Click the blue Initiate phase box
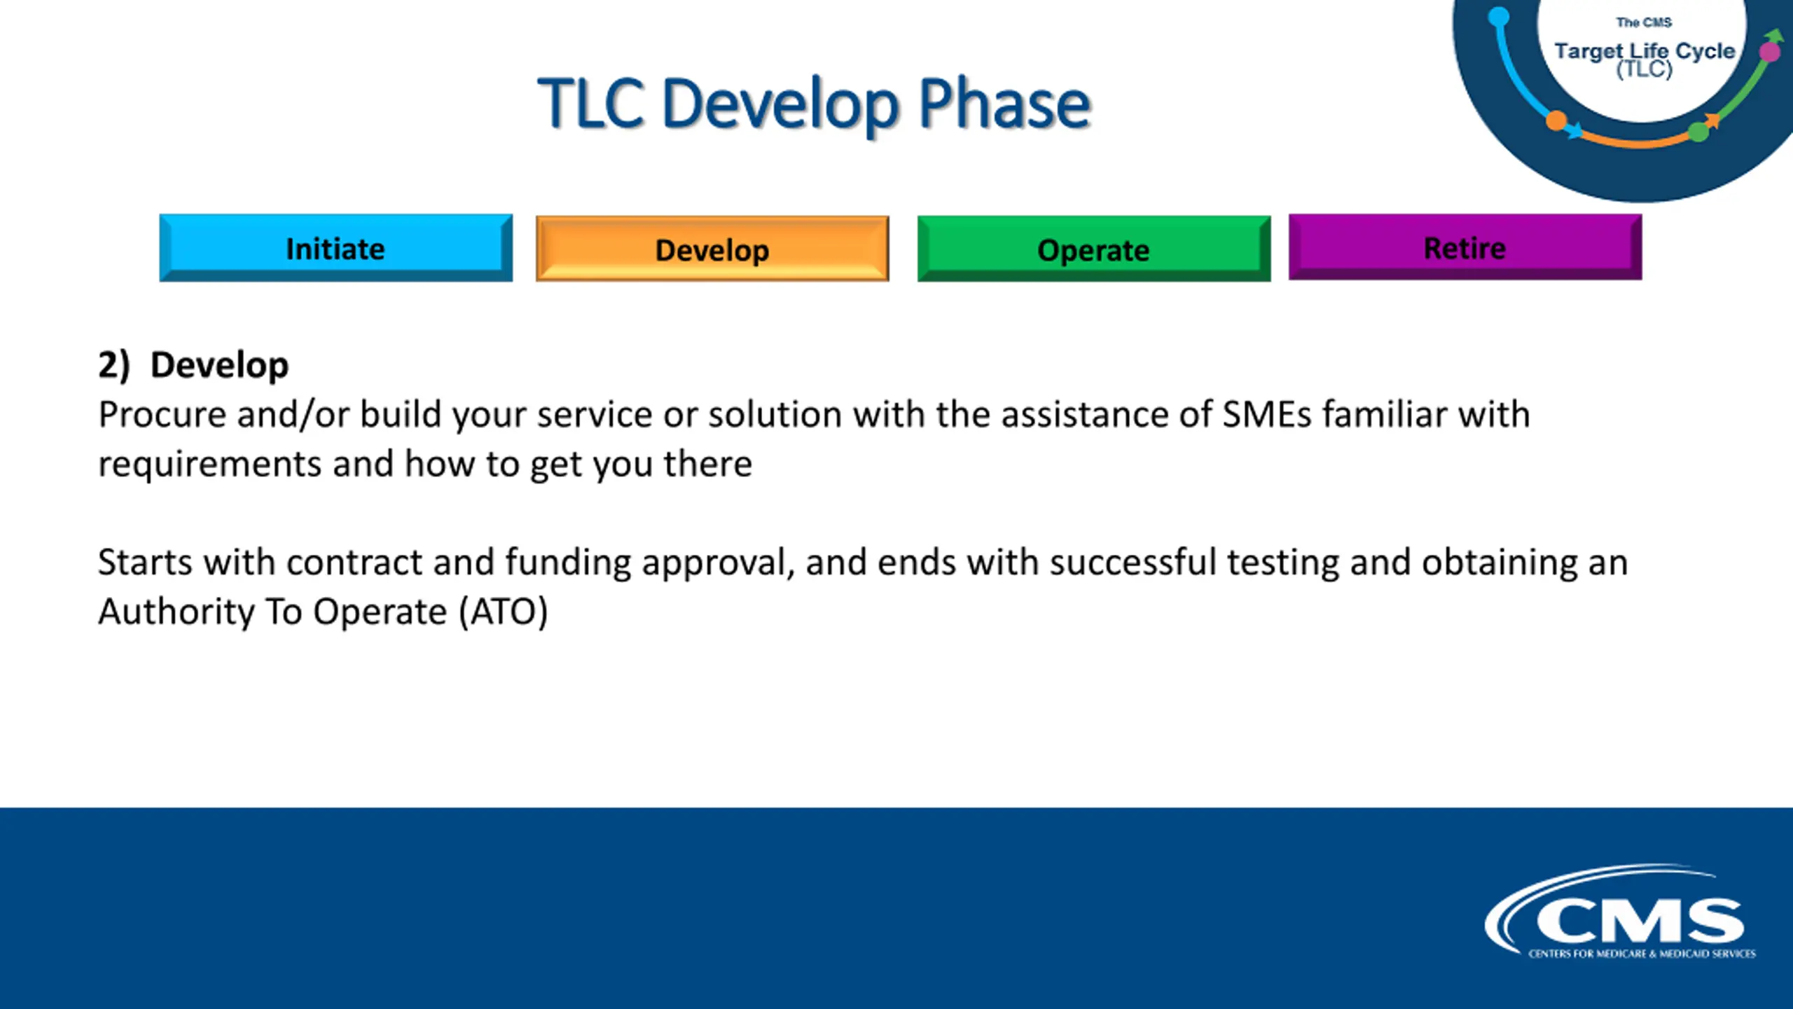point(335,248)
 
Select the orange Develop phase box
point(712,249)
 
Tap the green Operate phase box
point(1094,249)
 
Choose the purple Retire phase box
point(1465,247)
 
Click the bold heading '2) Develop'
point(193,365)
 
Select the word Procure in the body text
point(162,414)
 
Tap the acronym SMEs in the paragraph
point(1266,414)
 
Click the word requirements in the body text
point(210,465)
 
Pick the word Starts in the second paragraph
point(145,562)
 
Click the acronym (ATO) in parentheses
point(504,612)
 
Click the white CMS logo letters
point(1640,921)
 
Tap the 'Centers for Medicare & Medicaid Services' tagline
point(1642,954)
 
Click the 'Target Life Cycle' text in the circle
point(1645,51)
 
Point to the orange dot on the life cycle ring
point(1556,121)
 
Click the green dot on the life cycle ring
point(1698,131)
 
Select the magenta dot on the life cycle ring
point(1770,52)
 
